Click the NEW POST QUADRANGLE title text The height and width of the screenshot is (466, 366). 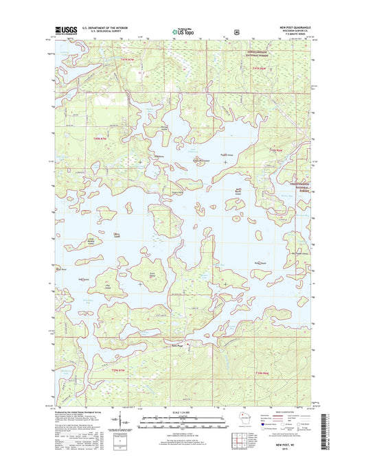[293, 27]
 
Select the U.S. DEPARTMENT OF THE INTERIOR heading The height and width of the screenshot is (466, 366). [103, 27]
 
